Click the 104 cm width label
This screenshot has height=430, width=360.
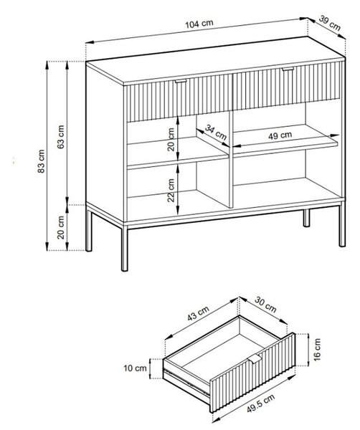pyautogui.click(x=199, y=24)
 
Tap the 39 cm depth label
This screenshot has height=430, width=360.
pyautogui.click(x=330, y=23)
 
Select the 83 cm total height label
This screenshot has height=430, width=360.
pyautogui.click(x=41, y=161)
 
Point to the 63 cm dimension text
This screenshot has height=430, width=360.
pyautogui.click(x=61, y=137)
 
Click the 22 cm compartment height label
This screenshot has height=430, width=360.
pyautogui.click(x=171, y=191)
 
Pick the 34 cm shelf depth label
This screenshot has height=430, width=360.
pyautogui.click(x=216, y=132)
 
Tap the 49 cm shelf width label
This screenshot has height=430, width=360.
pyautogui.click(x=280, y=135)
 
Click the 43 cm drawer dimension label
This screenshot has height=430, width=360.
pyautogui.click(x=198, y=313)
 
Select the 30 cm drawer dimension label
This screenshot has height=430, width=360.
pyautogui.click(x=265, y=305)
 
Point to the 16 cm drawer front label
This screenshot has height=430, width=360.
pyautogui.click(x=317, y=350)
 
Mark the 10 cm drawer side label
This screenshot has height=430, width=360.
pyautogui.click(x=135, y=368)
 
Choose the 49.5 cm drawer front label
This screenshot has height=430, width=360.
pyautogui.click(x=260, y=403)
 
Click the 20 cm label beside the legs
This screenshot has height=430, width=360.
pyautogui.click(x=61, y=227)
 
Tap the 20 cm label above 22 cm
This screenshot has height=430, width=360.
pyautogui.click(x=171, y=139)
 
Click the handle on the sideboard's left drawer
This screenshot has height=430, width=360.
pyautogui.click(x=181, y=81)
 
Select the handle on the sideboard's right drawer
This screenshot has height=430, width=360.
pyautogui.click(x=288, y=69)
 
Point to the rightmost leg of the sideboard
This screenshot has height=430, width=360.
pyautogui.click(x=342, y=224)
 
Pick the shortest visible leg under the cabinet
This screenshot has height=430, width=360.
pyautogui.click(x=306, y=218)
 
